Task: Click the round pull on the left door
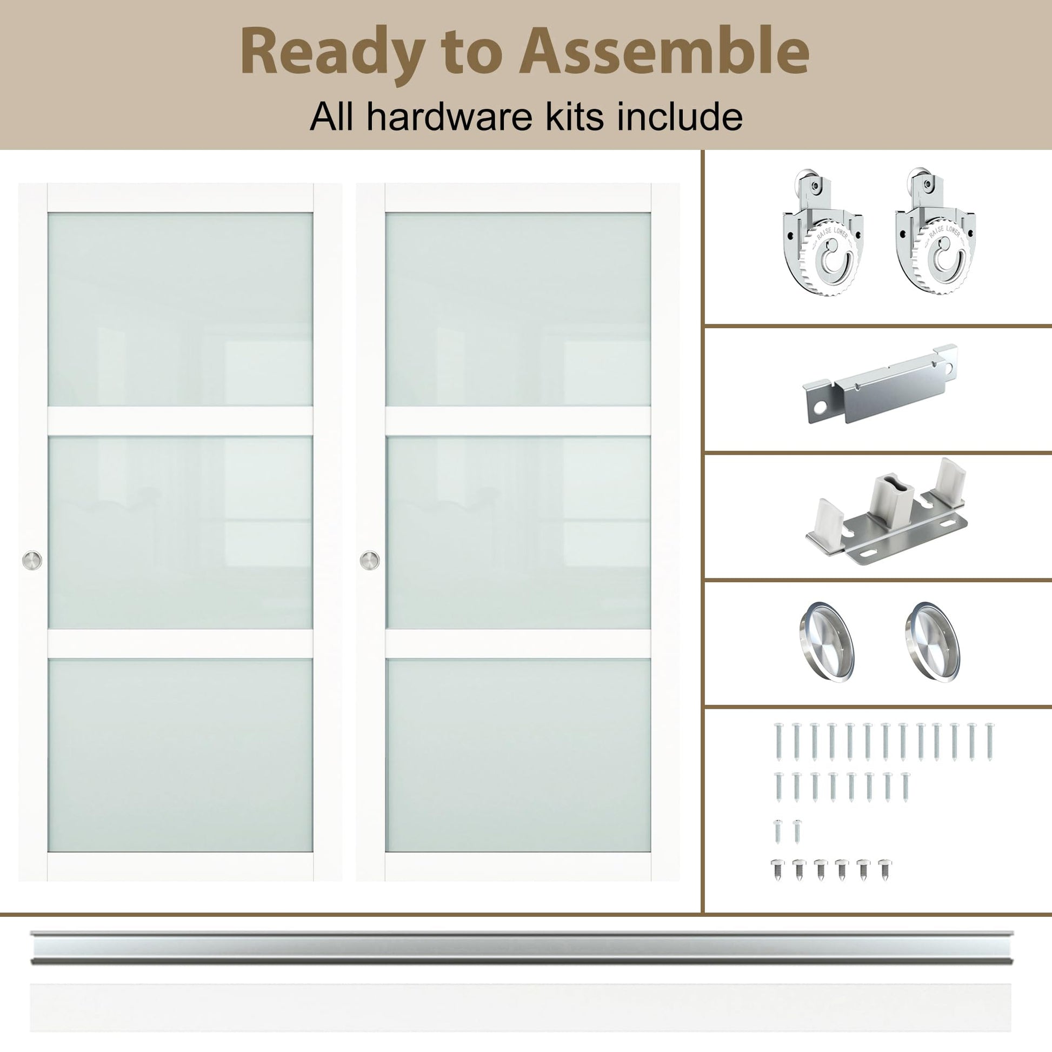point(31,560)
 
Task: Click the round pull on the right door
point(370,560)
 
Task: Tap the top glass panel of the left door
point(180,309)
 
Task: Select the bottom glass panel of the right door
point(518,755)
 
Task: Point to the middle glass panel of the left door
point(180,532)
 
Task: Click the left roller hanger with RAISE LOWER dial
point(823,233)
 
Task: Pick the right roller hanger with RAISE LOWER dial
point(935,233)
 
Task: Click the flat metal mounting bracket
point(880,384)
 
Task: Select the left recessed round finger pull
point(826,642)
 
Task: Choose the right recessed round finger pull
point(933,642)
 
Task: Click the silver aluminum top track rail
point(522,947)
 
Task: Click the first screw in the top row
point(779,742)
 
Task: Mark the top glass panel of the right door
point(518,309)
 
